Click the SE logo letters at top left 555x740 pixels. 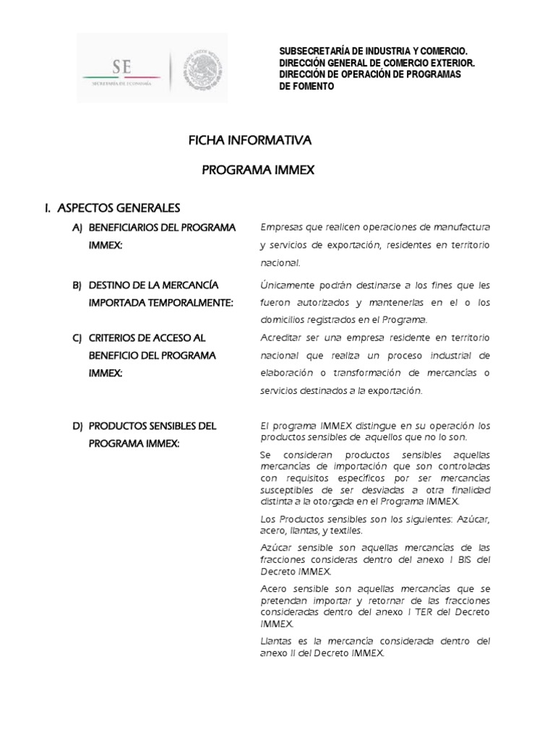pyautogui.click(x=121, y=67)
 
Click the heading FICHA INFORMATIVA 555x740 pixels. pyautogui.click(x=249, y=139)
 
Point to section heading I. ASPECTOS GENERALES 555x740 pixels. pyautogui.click(x=112, y=208)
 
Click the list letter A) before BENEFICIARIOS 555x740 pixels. pyautogui.click(x=77, y=228)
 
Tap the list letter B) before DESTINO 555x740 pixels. pyautogui.click(x=77, y=285)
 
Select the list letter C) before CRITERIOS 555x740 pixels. pyautogui.click(x=77, y=337)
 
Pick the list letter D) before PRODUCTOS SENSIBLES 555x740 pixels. pyautogui.click(x=77, y=426)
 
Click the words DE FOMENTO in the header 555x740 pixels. pyautogui.click(x=306, y=86)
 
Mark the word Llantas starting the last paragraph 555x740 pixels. pyautogui.click(x=275, y=640)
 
